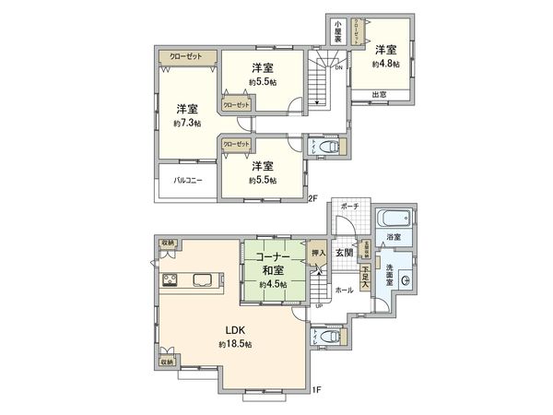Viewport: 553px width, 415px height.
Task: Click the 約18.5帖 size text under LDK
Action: pos(236,344)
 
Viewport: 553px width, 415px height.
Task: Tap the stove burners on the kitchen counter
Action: pos(171,280)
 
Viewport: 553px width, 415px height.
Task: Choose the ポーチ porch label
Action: pos(348,205)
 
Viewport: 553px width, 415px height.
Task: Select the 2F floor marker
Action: pos(312,196)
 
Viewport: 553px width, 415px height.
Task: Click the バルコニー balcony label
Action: pos(187,181)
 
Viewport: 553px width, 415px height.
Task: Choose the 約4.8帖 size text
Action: pos(385,65)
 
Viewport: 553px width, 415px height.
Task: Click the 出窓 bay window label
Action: pos(379,94)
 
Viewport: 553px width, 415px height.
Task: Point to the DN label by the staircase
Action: pos(338,67)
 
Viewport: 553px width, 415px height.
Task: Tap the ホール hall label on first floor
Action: pos(343,290)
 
